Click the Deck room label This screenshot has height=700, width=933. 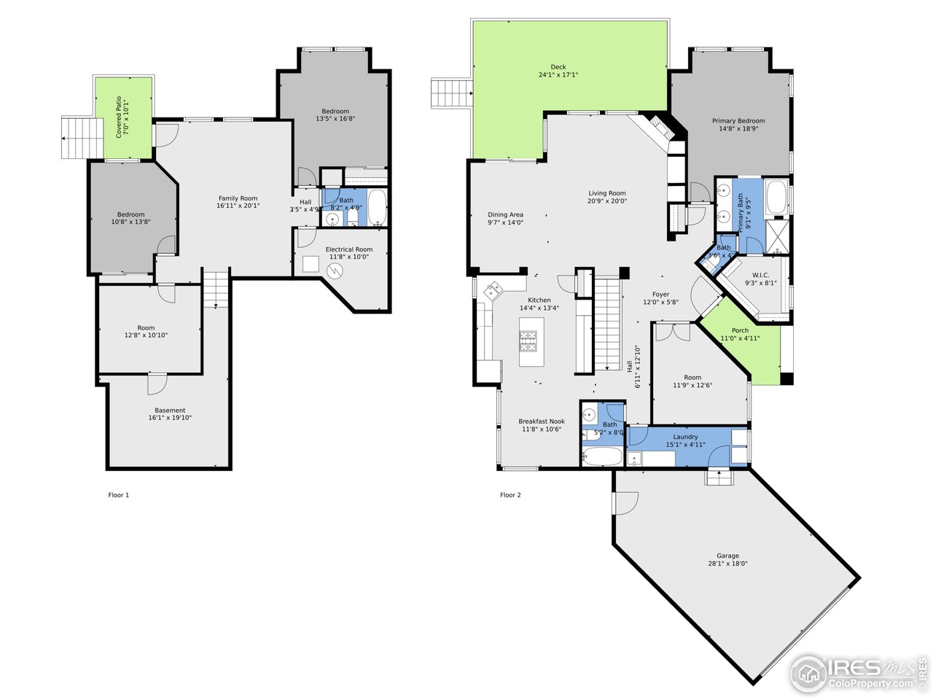coord(558,67)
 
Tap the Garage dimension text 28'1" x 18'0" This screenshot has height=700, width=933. coord(727,564)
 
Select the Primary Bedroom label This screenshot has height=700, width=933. coord(738,121)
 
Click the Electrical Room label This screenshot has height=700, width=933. coord(348,249)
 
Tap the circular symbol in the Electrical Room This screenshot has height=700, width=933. coord(335,271)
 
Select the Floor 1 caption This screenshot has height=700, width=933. coord(119,495)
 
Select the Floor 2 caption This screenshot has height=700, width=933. coord(510,495)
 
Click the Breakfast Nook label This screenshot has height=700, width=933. coord(541,421)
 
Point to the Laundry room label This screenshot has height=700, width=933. coord(685,437)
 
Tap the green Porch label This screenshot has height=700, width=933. coord(740,330)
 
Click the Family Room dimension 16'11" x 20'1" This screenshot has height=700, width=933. coord(238,206)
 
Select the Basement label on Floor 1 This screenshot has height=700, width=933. coord(170,411)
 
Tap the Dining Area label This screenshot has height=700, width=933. coord(505,215)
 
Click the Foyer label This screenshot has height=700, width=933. coord(660,295)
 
